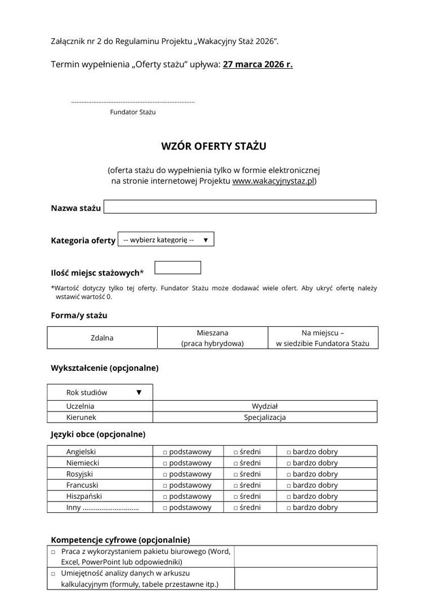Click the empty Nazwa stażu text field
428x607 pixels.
click(x=240, y=207)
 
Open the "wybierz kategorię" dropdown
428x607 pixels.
click(x=166, y=240)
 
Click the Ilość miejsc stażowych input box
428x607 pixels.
click(x=177, y=268)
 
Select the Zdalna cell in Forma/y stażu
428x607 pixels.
click(x=102, y=338)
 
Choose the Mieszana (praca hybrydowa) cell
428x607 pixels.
click(x=212, y=338)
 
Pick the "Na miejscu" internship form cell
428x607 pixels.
click(x=323, y=338)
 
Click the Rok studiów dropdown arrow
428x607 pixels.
click(x=139, y=392)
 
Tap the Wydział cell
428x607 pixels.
click(x=265, y=406)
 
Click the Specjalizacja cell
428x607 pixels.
click(x=265, y=417)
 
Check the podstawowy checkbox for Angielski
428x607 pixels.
click(x=166, y=452)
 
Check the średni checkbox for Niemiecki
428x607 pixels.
click(x=236, y=463)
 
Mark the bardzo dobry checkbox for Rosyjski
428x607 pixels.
click(x=288, y=475)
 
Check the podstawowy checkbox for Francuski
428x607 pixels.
click(x=166, y=485)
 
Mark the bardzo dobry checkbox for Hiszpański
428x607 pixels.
click(x=288, y=497)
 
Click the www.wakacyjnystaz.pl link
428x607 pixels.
click(x=273, y=181)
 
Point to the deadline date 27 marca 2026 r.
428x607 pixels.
click(x=257, y=64)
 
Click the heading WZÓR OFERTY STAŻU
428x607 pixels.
click(x=213, y=147)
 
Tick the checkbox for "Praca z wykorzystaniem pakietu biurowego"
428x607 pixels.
click(x=53, y=552)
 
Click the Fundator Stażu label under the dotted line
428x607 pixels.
click(x=133, y=112)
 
